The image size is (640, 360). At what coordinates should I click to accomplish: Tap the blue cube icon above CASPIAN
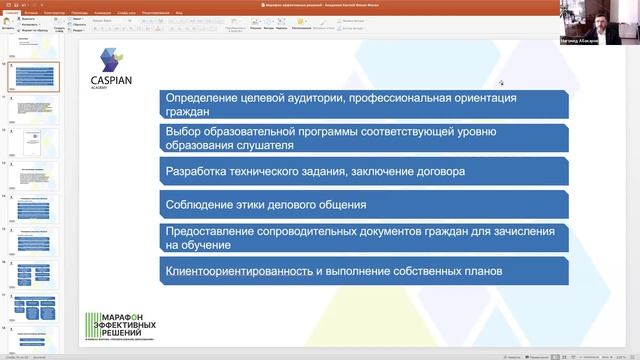[110, 58]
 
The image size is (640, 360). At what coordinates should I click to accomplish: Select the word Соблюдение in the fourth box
[202, 204]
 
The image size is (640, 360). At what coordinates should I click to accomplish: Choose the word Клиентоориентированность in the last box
[249, 270]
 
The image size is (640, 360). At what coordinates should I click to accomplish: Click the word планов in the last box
[478, 270]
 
